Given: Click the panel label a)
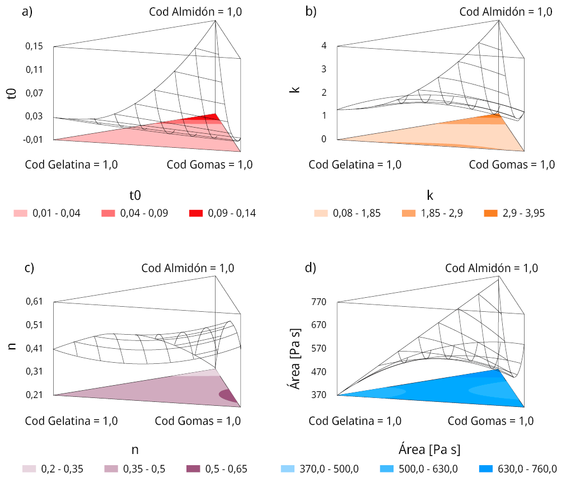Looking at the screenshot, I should [x=27, y=12].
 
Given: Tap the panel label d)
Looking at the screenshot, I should [x=311, y=268].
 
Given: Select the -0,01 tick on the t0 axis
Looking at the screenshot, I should [x=33, y=139].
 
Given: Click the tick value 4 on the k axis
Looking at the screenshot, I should [x=324, y=46].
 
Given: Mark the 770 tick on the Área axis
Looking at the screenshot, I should [x=319, y=302].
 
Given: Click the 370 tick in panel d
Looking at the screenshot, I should [x=319, y=395].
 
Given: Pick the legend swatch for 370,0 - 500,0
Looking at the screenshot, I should [x=287, y=469].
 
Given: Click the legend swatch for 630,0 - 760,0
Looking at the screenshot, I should [x=488, y=469].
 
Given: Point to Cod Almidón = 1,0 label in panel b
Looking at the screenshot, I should [x=506, y=12].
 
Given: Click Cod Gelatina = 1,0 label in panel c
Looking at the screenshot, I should [x=71, y=421].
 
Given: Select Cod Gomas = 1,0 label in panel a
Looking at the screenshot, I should [x=210, y=165].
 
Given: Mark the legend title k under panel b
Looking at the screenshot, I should [x=430, y=195].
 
